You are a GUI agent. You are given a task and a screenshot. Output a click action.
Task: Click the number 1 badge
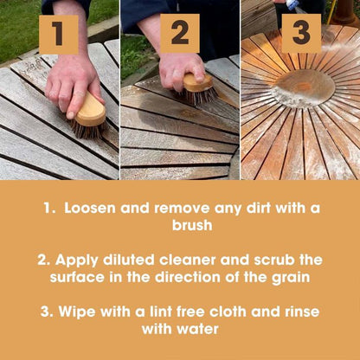59,35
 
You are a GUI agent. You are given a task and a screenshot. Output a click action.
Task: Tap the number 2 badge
180,34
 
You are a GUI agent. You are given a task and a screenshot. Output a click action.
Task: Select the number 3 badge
301,34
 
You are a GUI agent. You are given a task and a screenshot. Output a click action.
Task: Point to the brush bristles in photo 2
198,96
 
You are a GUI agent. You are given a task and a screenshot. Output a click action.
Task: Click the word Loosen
90,208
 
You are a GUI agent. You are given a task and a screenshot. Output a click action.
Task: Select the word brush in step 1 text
192,225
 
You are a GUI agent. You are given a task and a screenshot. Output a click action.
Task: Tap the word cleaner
188,260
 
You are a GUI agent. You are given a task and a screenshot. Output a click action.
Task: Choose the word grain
291,278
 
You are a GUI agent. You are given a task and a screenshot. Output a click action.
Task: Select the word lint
160,312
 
